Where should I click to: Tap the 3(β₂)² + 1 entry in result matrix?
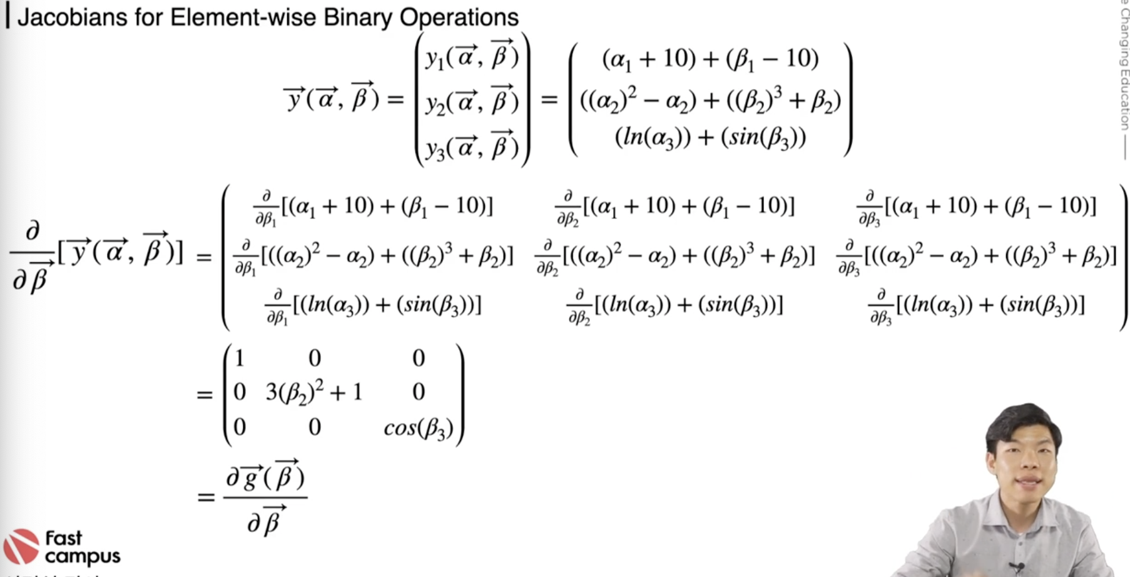[x=314, y=392]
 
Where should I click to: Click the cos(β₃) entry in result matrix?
[x=418, y=428]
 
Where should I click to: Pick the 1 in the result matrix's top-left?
[x=239, y=358]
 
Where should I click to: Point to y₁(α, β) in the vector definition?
[x=472, y=56]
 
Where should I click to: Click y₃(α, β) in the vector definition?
[x=472, y=148]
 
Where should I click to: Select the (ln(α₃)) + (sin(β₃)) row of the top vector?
[x=710, y=137]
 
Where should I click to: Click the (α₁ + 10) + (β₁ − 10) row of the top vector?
[x=710, y=59]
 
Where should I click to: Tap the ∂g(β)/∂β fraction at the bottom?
[x=265, y=498]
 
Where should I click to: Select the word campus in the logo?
[x=83, y=556]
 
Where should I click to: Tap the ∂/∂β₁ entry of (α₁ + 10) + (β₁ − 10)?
[x=373, y=207]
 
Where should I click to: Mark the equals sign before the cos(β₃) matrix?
[x=205, y=395]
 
